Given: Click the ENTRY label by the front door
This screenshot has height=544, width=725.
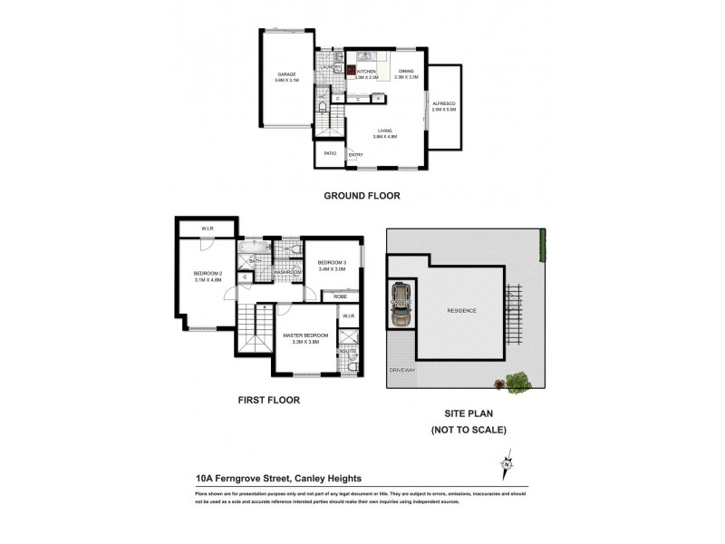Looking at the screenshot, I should (354, 155).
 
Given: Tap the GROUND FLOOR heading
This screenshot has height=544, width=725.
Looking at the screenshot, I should (362, 195).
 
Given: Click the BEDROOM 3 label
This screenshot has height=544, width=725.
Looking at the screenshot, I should (332, 265).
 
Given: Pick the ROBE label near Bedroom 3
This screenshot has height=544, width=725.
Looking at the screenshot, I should (340, 296).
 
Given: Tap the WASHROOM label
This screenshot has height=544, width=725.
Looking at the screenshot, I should (287, 271).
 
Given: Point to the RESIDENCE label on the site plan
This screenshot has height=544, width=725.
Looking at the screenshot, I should (461, 311).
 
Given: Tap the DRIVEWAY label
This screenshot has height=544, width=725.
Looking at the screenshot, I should (401, 371).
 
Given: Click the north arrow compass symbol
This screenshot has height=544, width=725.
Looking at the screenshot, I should (506, 465).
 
